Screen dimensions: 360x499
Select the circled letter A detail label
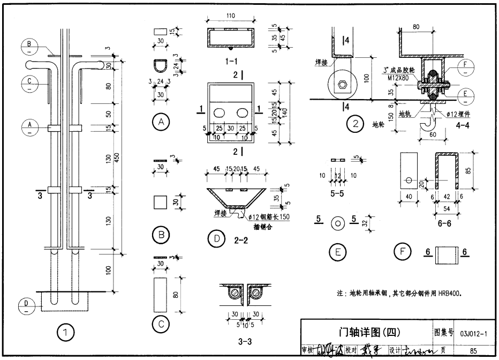(160, 122)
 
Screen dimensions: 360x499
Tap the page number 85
(473, 351)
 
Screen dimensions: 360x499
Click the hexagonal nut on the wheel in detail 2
(341, 84)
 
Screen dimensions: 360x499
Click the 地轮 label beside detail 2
(378, 125)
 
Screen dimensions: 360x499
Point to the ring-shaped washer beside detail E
(338, 222)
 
